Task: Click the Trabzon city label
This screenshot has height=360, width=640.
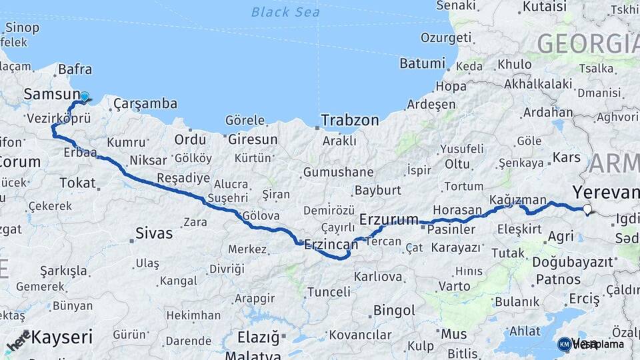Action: [x=349, y=121]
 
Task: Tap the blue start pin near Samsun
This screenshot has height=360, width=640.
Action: [x=84, y=97]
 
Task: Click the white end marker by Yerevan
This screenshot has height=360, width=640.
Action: [x=587, y=209]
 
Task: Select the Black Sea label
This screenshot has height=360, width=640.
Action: [x=285, y=12]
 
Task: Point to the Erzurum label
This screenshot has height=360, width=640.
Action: [x=389, y=219]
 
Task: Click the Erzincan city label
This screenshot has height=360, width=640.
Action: [x=331, y=245]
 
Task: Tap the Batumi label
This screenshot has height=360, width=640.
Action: [x=422, y=64]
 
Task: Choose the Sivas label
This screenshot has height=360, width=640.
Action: [x=154, y=233]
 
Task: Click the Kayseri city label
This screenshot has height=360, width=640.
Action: [x=62, y=337]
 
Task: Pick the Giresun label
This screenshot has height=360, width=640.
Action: [x=253, y=140]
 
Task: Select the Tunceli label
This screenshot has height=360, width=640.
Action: [x=328, y=292]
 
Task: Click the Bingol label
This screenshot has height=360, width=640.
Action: [x=394, y=310]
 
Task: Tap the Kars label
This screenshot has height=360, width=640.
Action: [x=567, y=159]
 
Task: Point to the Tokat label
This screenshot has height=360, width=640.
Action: [x=78, y=183]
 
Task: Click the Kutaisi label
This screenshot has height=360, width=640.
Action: [x=544, y=7]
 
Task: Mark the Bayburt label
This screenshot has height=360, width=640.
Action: [x=377, y=190]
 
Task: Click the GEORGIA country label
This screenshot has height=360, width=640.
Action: [x=587, y=43]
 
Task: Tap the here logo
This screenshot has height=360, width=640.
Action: [x=18, y=341]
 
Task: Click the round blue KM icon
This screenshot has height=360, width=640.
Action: [x=564, y=344]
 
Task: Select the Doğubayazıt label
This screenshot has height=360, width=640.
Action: [x=572, y=262]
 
